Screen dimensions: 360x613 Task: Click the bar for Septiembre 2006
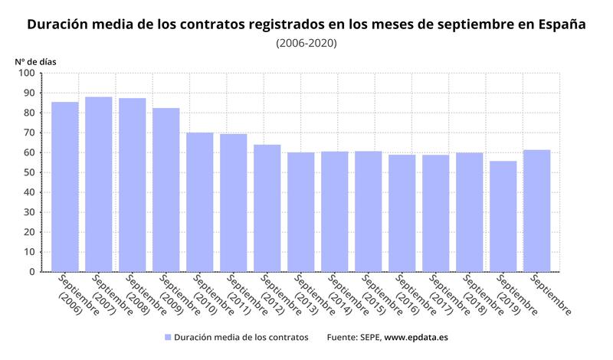point(65,187)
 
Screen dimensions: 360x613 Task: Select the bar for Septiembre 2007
point(99,185)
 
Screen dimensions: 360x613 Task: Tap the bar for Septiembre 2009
point(166,190)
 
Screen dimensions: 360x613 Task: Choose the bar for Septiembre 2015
point(369,211)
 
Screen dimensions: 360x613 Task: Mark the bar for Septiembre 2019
point(503,216)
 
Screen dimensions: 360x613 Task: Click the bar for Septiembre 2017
point(436,213)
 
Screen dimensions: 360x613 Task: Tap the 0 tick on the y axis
point(31,272)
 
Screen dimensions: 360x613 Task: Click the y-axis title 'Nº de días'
point(35,60)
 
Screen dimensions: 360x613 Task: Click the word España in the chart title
point(562,25)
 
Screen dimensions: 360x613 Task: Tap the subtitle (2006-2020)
point(306,43)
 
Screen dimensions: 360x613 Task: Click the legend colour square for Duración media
point(167,337)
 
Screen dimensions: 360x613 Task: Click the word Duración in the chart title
point(60,25)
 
